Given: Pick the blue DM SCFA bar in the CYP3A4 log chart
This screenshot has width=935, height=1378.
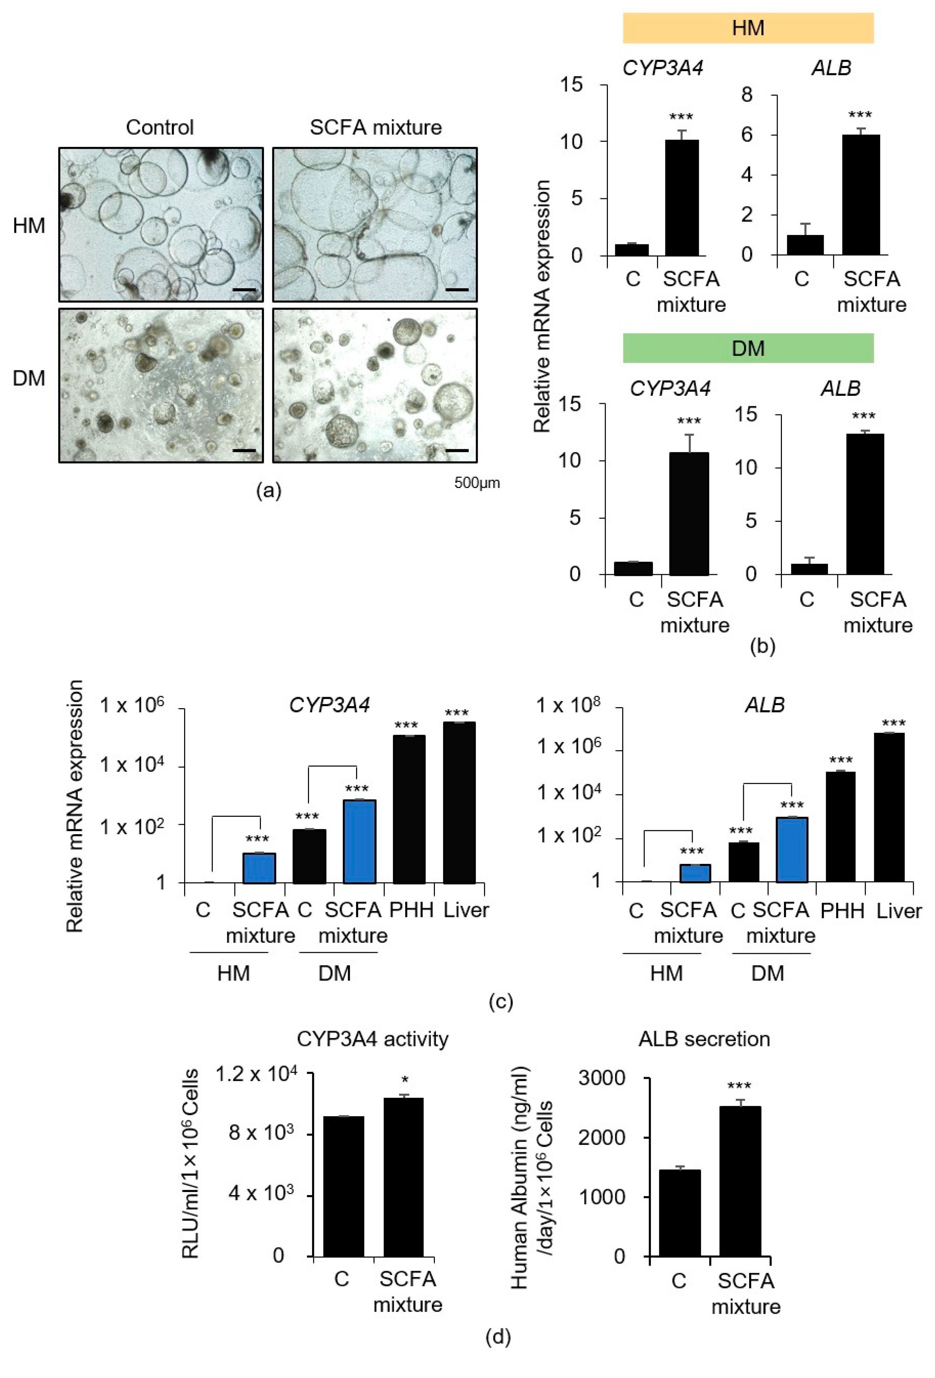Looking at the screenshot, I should pyautogui.click(x=359, y=842).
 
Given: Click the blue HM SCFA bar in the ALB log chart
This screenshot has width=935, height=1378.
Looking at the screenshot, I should pyautogui.click(x=694, y=873).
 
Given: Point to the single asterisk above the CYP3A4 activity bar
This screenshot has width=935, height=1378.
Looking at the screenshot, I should pyautogui.click(x=405, y=1080).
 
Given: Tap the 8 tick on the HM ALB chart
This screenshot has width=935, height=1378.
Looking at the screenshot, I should pyautogui.click(x=747, y=95).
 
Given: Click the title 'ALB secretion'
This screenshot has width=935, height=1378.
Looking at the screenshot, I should pyautogui.click(x=704, y=1039).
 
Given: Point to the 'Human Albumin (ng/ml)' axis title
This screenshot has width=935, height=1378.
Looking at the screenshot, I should pyautogui.click(x=519, y=1177).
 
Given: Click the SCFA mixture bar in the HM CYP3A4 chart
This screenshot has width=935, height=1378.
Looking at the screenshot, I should pyautogui.click(x=681, y=198).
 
